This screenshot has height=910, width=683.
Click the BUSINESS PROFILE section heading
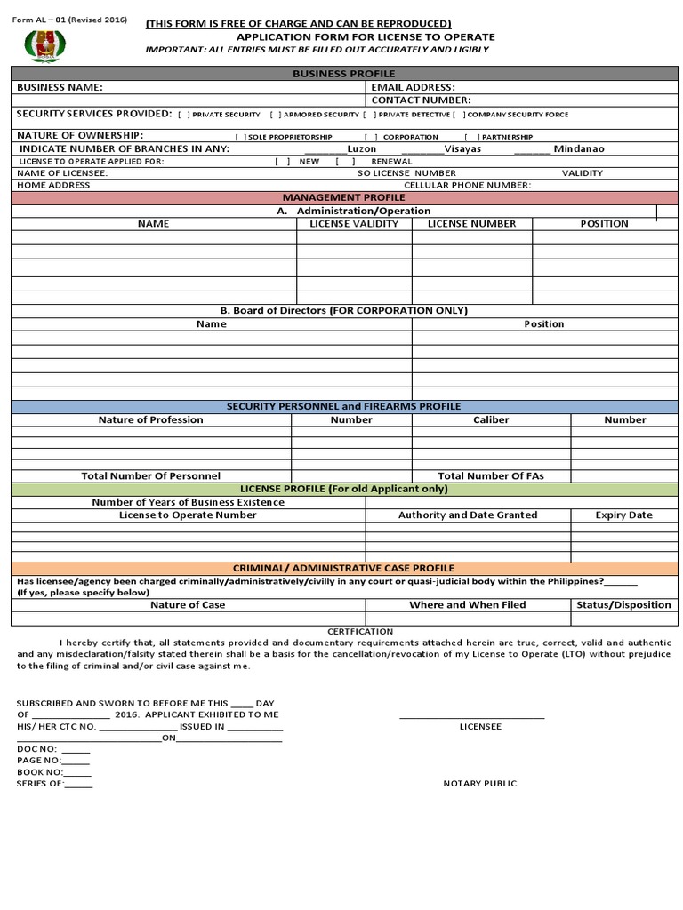343,74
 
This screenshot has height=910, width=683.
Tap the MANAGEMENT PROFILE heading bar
343,197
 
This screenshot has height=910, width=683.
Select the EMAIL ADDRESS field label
413,87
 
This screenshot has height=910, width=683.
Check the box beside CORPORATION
370,137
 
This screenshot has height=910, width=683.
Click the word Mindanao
578,148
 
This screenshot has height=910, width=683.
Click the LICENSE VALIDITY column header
354,224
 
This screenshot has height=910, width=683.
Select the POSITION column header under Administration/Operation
604,224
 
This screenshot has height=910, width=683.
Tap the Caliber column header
491,419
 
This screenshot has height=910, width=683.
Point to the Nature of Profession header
150,419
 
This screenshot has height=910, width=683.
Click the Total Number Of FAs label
491,476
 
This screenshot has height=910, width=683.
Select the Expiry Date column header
623,515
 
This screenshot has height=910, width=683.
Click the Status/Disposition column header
623,605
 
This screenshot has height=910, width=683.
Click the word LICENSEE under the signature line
480,727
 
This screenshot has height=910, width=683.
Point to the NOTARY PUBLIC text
480,784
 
